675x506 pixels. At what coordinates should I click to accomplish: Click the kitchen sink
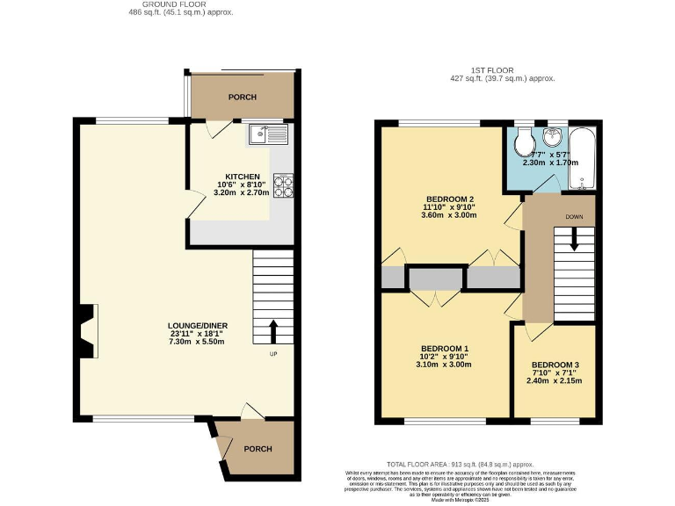point(267,134)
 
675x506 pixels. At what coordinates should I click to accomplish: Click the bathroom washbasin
point(554,138)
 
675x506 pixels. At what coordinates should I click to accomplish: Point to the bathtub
point(582,159)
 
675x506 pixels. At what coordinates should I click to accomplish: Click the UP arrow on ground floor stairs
point(272,332)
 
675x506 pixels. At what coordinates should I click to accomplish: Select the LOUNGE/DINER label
point(199,326)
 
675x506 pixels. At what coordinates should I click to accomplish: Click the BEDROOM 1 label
point(446,347)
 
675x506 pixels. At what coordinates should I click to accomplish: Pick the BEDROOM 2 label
point(448,198)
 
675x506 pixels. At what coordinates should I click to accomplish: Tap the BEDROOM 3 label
point(555,365)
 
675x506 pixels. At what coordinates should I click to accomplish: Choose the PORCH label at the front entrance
point(258,449)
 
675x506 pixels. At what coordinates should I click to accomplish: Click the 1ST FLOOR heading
point(491,70)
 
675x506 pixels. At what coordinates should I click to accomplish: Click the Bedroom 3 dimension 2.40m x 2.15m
point(553,380)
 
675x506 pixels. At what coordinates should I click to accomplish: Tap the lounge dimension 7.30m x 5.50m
point(198,342)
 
